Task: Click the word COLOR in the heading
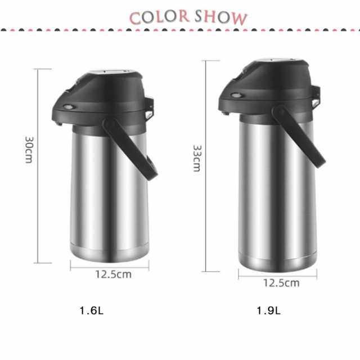(x=159, y=17)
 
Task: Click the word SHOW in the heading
(x=221, y=17)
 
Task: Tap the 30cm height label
(x=29, y=150)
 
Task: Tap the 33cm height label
(x=197, y=158)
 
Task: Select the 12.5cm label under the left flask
(x=114, y=274)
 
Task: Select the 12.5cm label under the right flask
(x=281, y=283)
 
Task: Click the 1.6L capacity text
(x=91, y=310)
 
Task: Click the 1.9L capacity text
(x=268, y=310)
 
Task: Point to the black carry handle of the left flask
(x=130, y=148)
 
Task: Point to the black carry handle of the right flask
(x=299, y=136)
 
